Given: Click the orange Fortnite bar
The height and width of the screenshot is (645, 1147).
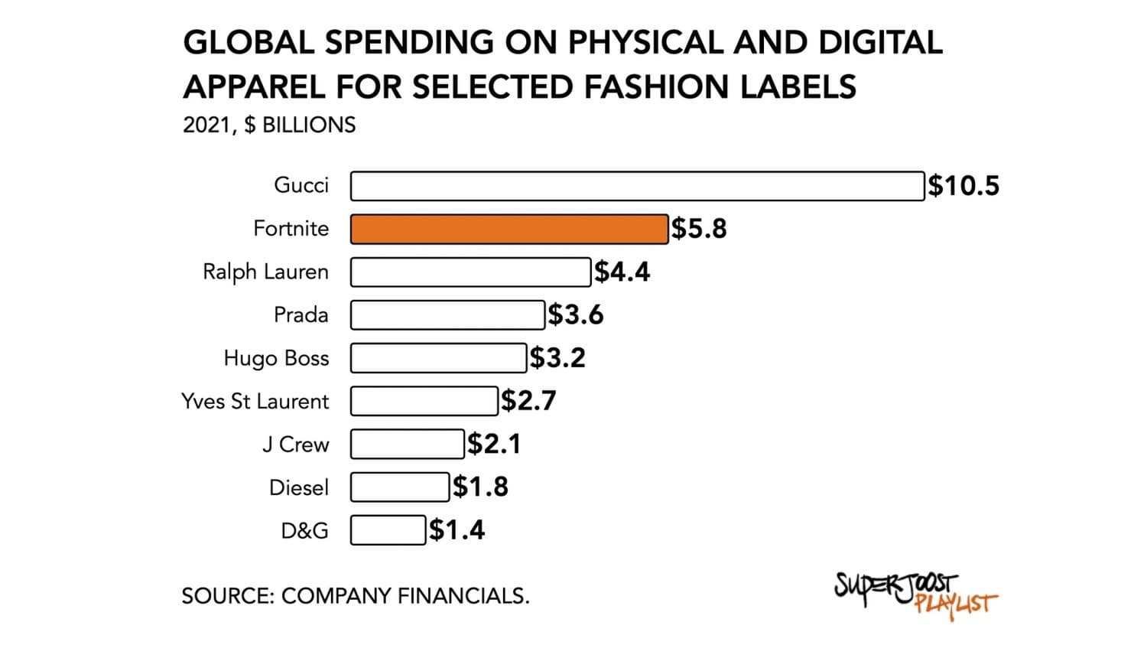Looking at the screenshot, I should point(509,229).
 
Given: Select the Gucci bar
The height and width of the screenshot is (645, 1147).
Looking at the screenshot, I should point(637,186).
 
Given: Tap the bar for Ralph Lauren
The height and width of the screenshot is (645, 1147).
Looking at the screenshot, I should point(470,272).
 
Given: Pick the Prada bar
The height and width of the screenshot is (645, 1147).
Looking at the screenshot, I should point(447,315).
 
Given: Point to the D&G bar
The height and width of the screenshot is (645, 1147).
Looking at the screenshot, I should point(388,530).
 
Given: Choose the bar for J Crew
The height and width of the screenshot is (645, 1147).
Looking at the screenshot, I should point(408,444).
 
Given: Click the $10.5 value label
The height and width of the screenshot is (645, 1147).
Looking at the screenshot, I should point(963,186).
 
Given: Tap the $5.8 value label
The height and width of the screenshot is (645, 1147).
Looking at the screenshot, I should point(699,229).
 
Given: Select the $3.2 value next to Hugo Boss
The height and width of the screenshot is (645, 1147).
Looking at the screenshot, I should point(557,358).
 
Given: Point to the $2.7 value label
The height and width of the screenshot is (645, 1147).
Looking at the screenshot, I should point(528,401).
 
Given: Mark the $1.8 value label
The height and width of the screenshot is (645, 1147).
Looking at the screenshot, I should point(480,487).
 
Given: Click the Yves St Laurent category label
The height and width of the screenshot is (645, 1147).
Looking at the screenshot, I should point(255,401).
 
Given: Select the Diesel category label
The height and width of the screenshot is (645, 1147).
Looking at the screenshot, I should point(298,487).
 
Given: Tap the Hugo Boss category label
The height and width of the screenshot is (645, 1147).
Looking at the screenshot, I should point(276,358).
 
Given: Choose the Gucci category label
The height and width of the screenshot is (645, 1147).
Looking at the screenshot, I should point(301,185).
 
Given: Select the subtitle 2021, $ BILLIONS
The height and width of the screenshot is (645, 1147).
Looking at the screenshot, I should point(269,125).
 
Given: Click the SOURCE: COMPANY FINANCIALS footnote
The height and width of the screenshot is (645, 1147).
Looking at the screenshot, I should point(356,596).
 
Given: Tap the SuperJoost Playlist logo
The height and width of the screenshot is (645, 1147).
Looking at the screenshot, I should point(915,592).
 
